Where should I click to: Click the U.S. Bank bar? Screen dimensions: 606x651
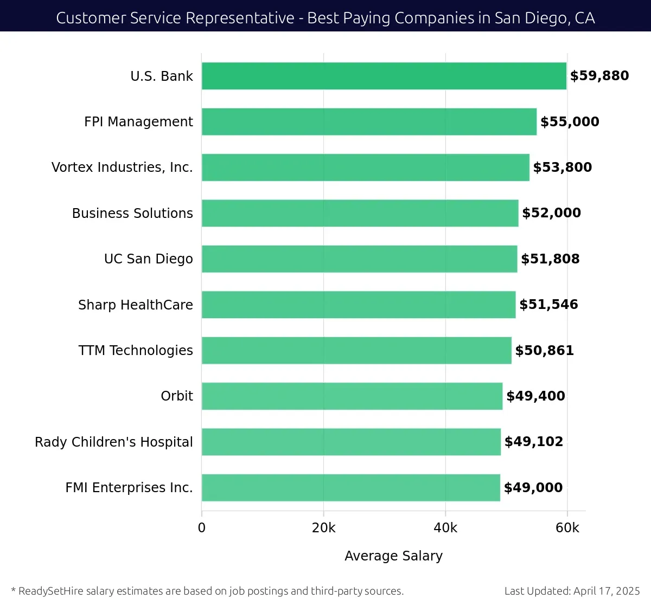(384, 76)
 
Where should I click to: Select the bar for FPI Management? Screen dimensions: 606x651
(369, 121)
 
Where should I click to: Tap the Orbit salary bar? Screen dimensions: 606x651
(352, 396)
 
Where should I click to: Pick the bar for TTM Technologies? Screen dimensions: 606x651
(356, 350)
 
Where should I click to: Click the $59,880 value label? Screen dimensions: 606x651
(599, 76)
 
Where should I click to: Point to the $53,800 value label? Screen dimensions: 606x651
(563, 167)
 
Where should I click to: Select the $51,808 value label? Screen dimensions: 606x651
(550, 259)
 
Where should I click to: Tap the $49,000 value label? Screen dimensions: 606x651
(533, 488)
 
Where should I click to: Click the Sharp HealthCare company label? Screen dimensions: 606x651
(136, 305)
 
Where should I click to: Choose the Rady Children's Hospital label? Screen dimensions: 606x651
(114, 442)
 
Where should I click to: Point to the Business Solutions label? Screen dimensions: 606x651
(132, 214)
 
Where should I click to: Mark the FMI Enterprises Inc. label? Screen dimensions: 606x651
(129, 488)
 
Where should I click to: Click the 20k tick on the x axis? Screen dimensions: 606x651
(323, 528)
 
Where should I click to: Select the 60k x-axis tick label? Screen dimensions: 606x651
(567, 528)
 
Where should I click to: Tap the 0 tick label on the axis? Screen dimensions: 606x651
(202, 528)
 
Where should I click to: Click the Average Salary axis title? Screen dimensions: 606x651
(393, 556)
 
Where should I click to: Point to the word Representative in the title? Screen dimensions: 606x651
(240, 18)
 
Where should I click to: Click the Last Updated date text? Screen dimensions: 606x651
(572, 591)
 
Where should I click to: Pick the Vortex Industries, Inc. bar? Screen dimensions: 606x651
(366, 167)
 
